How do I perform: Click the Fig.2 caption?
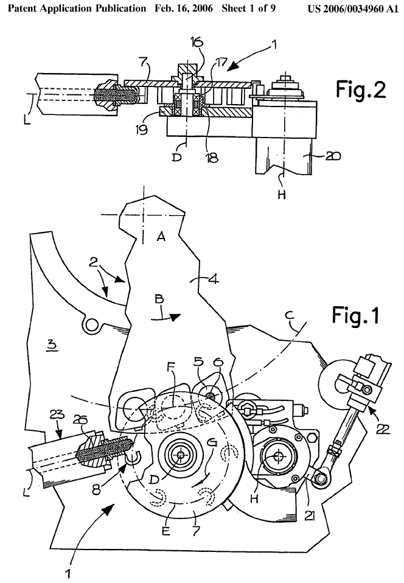click(361, 89)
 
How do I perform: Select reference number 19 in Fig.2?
click(142, 130)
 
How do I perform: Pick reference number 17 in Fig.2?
click(221, 62)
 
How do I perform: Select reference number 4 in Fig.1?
click(213, 278)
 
